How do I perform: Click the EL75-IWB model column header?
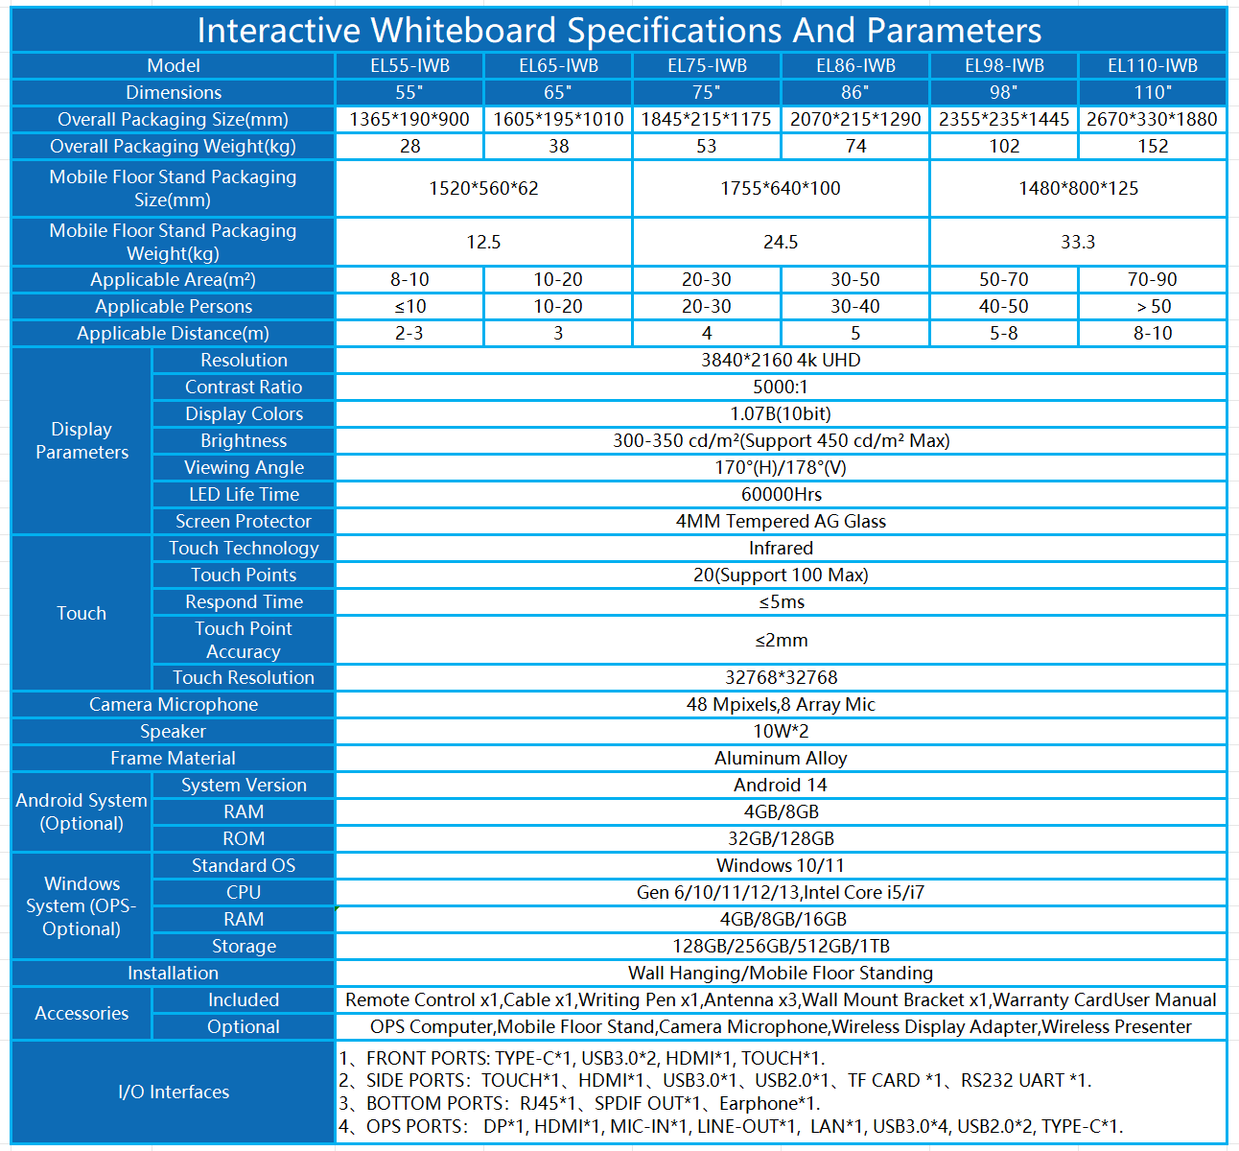pos(707,65)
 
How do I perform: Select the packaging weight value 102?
pos(1004,146)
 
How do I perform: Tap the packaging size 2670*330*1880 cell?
pos(1152,119)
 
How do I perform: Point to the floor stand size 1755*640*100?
pos(781,188)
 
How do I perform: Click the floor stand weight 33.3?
pos(1078,242)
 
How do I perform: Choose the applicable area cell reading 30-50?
pos(854,279)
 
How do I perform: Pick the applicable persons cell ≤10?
pos(409,307)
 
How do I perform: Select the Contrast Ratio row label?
pos(244,387)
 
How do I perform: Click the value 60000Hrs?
pos(781,494)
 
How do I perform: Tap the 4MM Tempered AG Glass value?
pos(781,521)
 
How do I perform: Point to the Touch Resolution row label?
pos(244,677)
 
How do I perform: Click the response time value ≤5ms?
pos(781,601)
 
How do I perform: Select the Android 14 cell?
pos(781,785)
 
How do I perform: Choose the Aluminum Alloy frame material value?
pos(781,758)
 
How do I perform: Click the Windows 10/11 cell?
pos(781,865)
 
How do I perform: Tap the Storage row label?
pos(244,947)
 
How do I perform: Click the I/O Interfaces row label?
pos(174,1092)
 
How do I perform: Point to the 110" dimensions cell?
pos(1153,92)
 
